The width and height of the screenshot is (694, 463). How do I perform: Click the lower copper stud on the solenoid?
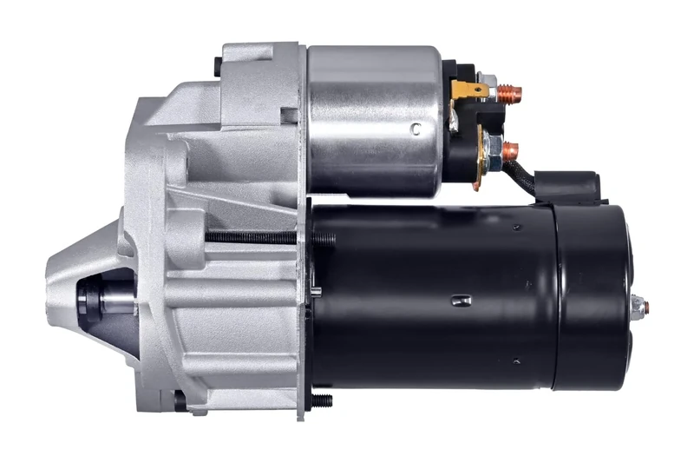pyautogui.click(x=508, y=149)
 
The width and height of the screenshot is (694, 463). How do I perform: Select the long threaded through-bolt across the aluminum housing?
pyautogui.click(x=252, y=236)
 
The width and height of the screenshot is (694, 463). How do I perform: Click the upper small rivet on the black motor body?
pyautogui.click(x=516, y=228)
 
